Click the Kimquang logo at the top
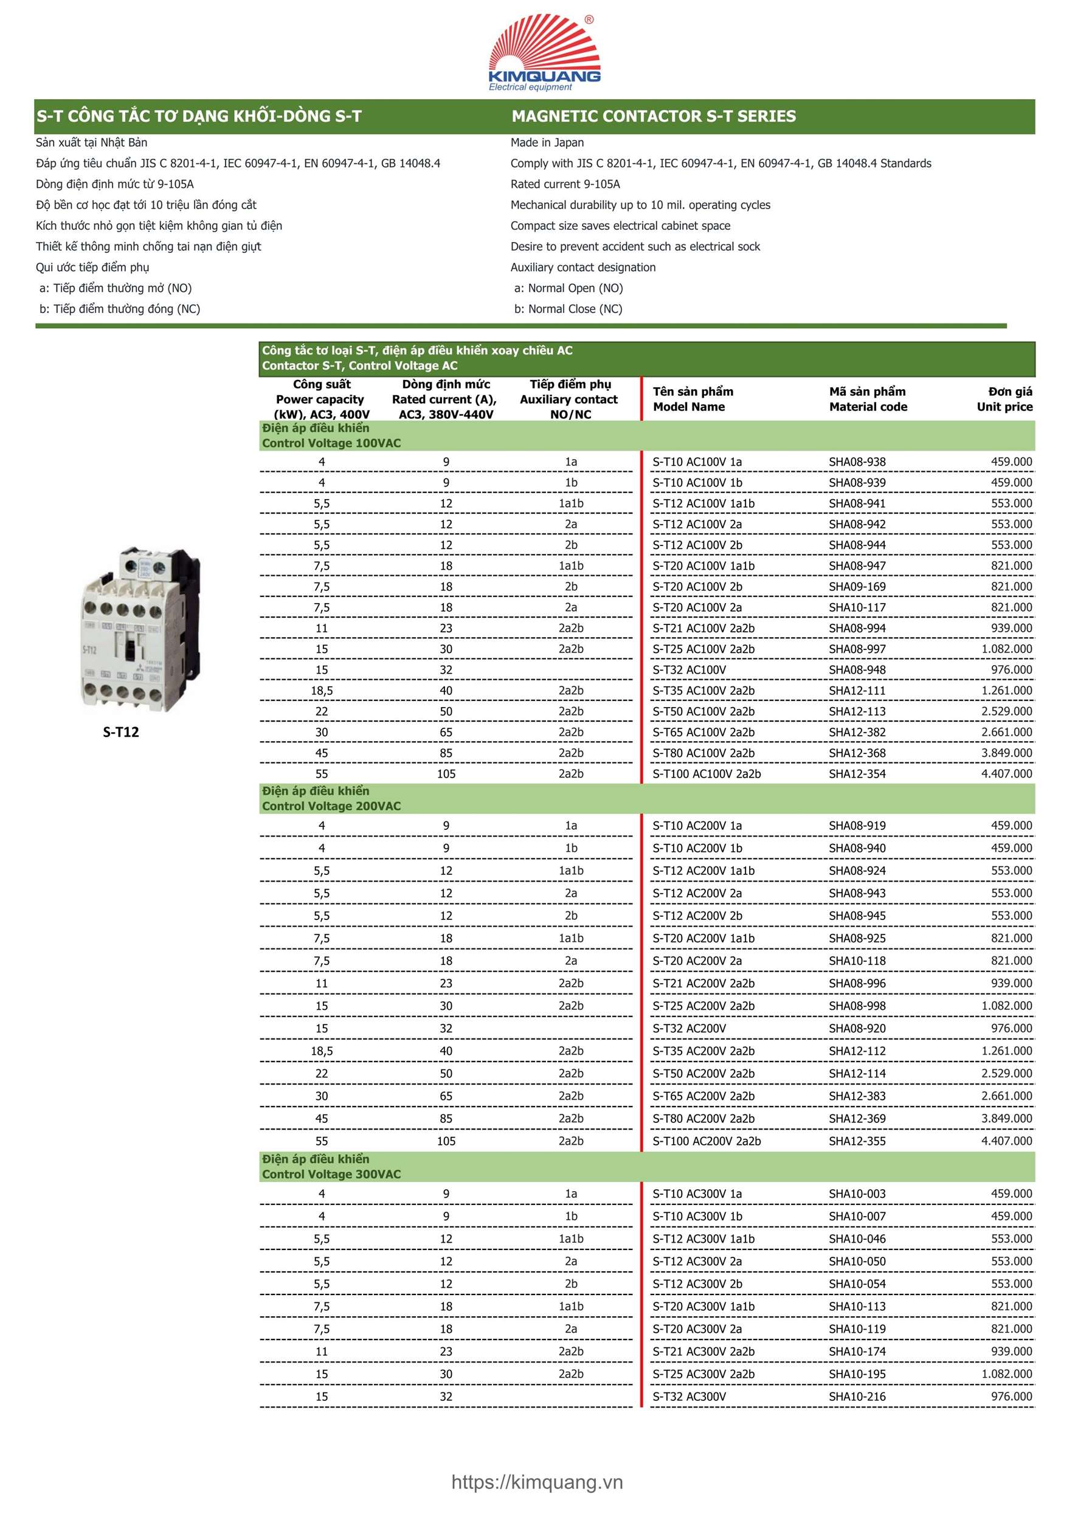[544, 53]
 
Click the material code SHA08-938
[857, 462]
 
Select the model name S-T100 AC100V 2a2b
[707, 774]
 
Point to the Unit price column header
[1004, 399]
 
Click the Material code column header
[868, 399]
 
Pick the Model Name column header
[693, 399]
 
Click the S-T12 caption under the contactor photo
[120, 732]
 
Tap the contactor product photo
[140, 629]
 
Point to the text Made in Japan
[547, 142]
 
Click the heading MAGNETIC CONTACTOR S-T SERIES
[654, 117]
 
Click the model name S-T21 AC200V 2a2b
[703, 984]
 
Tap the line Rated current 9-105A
[565, 184]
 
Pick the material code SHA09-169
[857, 587]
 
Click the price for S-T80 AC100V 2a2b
[1006, 753]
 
